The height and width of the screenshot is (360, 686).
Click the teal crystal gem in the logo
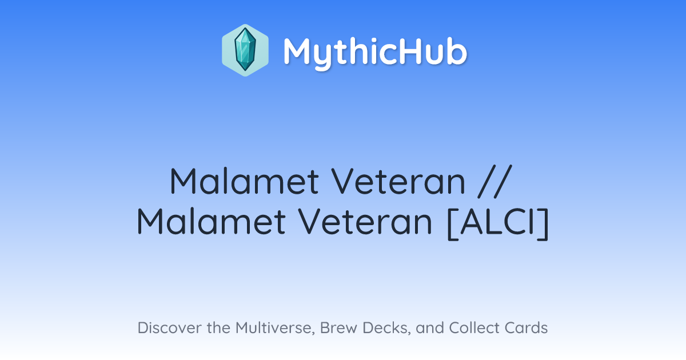pyautogui.click(x=245, y=50)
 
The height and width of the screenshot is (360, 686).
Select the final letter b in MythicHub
pyautogui.click(x=456, y=51)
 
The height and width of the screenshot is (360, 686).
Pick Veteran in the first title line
pyautogui.click(x=398, y=181)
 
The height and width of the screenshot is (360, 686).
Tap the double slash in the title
pyautogui.click(x=495, y=181)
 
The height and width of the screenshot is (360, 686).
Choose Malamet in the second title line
pyautogui.click(x=212, y=221)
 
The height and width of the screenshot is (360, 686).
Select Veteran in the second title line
pyautogui.click(x=365, y=221)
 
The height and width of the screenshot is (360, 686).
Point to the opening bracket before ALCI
pyautogui.click(x=453, y=223)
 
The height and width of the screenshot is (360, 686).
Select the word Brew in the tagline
pyautogui.click(x=338, y=328)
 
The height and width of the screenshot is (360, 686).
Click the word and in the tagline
pyautogui.click(x=430, y=328)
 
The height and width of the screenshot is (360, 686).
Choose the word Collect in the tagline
pyautogui.click(x=474, y=328)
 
